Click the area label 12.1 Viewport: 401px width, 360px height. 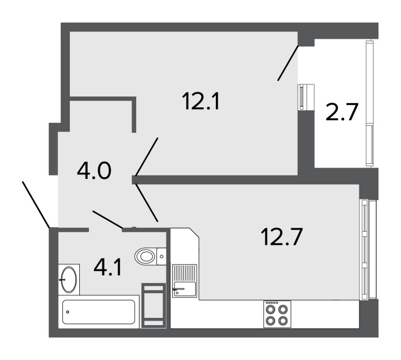201,101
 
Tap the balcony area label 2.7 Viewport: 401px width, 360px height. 341,111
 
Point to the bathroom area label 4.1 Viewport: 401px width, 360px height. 107,267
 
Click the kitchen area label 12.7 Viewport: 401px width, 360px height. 282,237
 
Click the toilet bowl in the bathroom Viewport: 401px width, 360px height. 145,256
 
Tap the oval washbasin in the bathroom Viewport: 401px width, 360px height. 69,280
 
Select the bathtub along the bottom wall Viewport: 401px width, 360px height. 99,312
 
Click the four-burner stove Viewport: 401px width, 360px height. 277,314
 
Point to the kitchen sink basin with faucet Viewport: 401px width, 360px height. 184,289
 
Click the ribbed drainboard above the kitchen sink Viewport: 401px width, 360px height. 184,273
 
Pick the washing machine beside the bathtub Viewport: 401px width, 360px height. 154,305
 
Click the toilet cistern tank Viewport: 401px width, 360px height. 161,256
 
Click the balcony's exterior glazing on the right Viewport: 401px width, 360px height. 370,103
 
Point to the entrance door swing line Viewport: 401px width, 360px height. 36,204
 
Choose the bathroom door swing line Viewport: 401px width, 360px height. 107,219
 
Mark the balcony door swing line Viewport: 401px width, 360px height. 288,63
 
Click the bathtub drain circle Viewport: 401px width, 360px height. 68,312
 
